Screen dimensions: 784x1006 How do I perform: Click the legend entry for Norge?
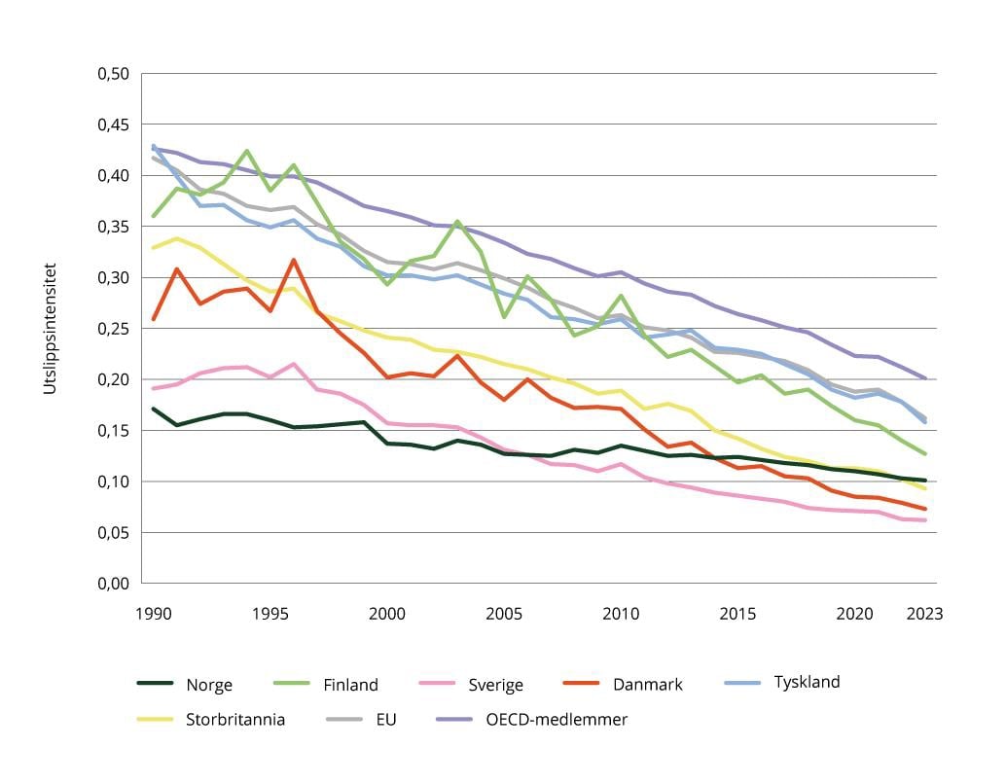[208, 685]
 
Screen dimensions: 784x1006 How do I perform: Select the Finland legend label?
[350, 685]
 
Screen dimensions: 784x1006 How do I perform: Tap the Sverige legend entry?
[496, 685]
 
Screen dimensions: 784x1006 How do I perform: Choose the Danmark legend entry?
[647, 685]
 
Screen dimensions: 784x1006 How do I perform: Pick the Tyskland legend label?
[806, 682]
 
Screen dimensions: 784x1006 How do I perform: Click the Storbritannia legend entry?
[235, 721]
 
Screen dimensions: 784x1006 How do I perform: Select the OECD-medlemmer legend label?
[557, 721]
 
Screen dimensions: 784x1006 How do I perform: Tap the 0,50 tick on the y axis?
[115, 74]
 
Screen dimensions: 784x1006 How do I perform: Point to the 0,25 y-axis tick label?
[115, 329]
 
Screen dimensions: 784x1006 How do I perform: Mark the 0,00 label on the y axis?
[115, 584]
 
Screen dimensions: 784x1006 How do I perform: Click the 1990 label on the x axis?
[154, 615]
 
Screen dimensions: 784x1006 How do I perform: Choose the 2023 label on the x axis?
[924, 615]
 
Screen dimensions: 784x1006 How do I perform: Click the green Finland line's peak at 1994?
[247, 151]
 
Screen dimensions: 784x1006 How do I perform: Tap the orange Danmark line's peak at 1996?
[293, 260]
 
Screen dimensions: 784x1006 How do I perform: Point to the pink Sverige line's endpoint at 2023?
[924, 520]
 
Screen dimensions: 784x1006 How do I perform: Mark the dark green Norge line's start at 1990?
[154, 409]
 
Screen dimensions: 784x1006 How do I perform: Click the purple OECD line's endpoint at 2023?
[924, 378]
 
